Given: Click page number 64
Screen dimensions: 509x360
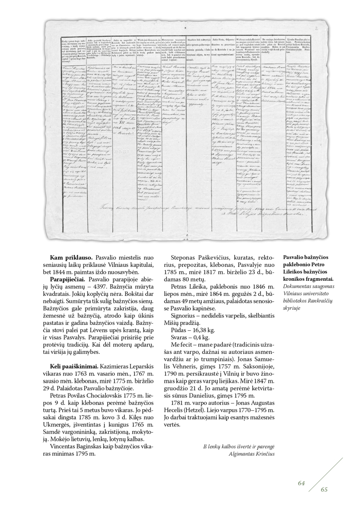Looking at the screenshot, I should pyautogui.click(x=302, y=482).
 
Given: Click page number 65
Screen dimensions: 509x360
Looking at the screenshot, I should pyautogui.click(x=324, y=489).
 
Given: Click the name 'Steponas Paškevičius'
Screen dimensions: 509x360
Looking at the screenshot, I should pyautogui.click(x=196, y=257).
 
